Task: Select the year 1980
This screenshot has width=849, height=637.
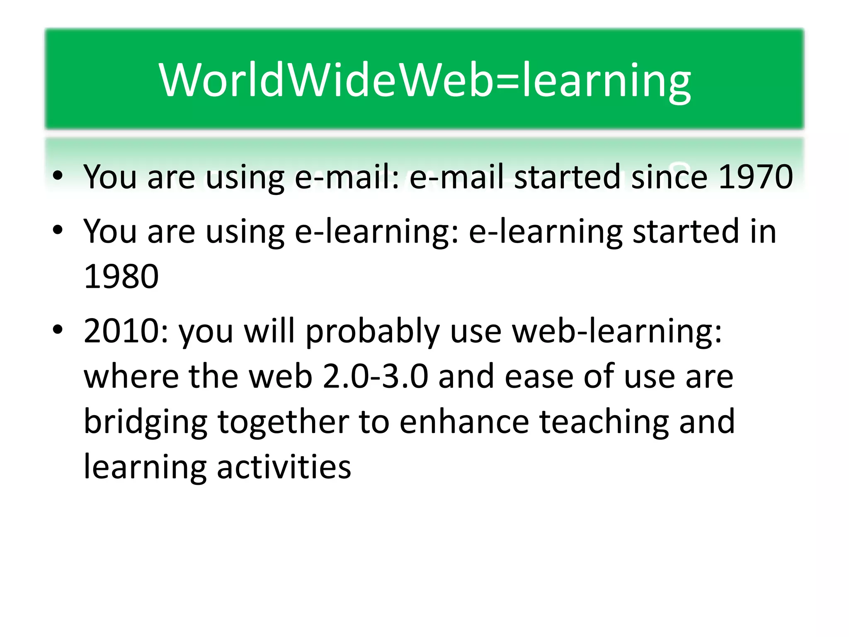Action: (121, 277)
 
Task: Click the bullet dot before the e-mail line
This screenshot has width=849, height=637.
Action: (58, 176)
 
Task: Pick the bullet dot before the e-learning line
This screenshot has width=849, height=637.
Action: (58, 230)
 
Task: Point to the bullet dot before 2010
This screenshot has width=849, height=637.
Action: (58, 330)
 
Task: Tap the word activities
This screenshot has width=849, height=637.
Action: (284, 467)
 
